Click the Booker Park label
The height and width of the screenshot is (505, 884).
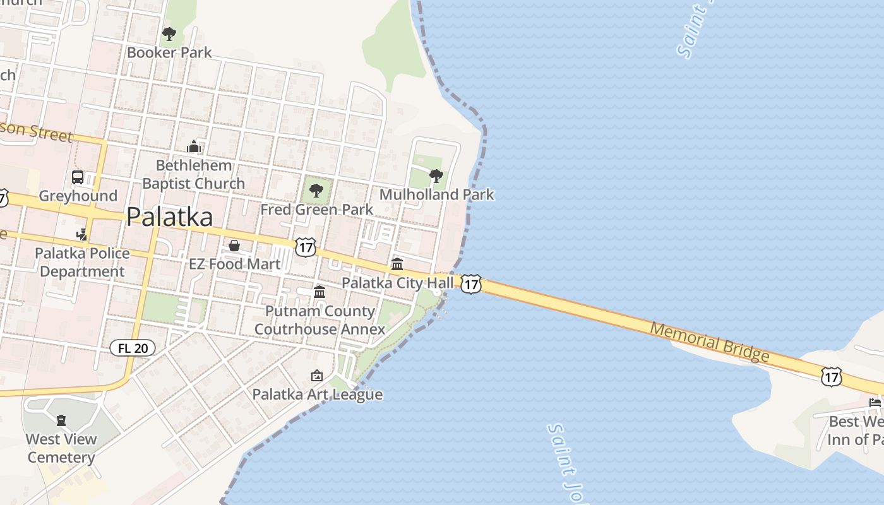(169, 52)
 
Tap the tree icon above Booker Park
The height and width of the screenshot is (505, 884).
(169, 33)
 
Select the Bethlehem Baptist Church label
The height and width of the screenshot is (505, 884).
(193, 174)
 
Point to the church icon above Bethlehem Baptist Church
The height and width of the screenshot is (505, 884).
(193, 146)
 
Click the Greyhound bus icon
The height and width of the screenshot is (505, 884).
(78, 177)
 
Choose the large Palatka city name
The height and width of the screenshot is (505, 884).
(169, 217)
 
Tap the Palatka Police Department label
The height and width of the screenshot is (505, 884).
(82, 263)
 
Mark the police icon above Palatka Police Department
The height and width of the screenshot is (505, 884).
(81, 234)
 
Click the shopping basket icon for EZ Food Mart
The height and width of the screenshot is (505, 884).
(234, 245)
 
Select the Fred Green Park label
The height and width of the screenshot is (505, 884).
(317, 209)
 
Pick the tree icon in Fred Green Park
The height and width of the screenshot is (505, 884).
(316, 190)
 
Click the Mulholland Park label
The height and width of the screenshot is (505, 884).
(436, 194)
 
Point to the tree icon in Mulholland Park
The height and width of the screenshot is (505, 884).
(436, 175)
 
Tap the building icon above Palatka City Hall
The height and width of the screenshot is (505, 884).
(397, 263)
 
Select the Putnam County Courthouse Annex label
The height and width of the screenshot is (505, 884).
(320, 320)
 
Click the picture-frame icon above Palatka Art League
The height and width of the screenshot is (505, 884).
(317, 376)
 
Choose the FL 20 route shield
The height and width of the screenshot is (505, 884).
(132, 348)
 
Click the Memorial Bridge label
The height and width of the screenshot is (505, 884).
(710, 342)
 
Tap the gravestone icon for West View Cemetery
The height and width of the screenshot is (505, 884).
(61, 420)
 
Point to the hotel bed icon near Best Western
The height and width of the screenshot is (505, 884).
(875, 402)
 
